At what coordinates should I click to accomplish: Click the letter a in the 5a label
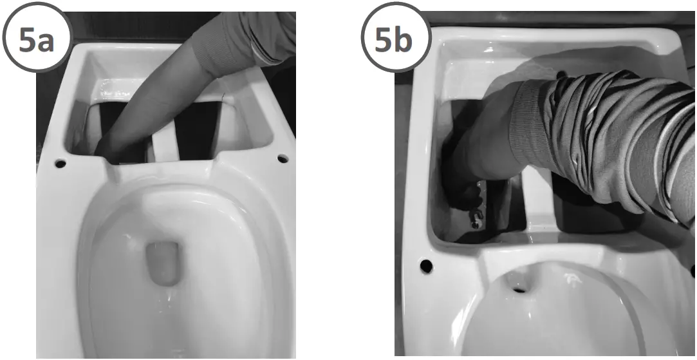click(43, 40)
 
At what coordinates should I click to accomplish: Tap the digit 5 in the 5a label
click(27, 39)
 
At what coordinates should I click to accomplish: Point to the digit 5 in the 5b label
click(384, 39)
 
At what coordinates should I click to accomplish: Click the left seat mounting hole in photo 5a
click(60, 163)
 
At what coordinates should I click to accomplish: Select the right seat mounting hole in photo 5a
click(281, 157)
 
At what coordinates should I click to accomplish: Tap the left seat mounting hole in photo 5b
click(425, 265)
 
